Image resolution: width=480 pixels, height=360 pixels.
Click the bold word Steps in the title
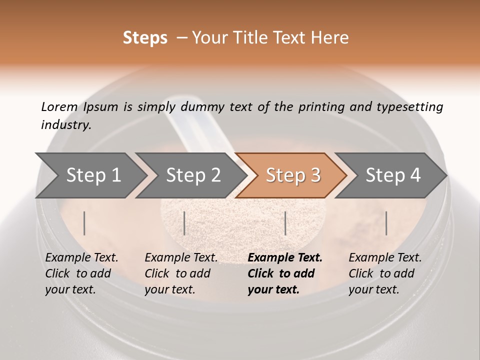pos(145,38)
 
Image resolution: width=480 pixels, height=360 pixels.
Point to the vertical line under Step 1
pos(84,223)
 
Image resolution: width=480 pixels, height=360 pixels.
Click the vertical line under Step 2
pos(184,223)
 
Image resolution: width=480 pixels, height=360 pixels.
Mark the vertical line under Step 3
pos(285,223)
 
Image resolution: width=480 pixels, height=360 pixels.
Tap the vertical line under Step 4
pos(386,223)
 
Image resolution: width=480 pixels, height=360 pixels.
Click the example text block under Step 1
pos(81,273)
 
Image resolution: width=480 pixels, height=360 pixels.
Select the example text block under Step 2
pos(181,273)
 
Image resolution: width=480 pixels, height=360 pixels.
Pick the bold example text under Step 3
pos(285,273)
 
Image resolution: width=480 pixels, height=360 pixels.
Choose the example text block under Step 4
pos(385,273)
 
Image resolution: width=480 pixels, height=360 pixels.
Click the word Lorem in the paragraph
pos(59,107)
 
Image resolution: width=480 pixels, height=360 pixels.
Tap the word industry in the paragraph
pos(66,124)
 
